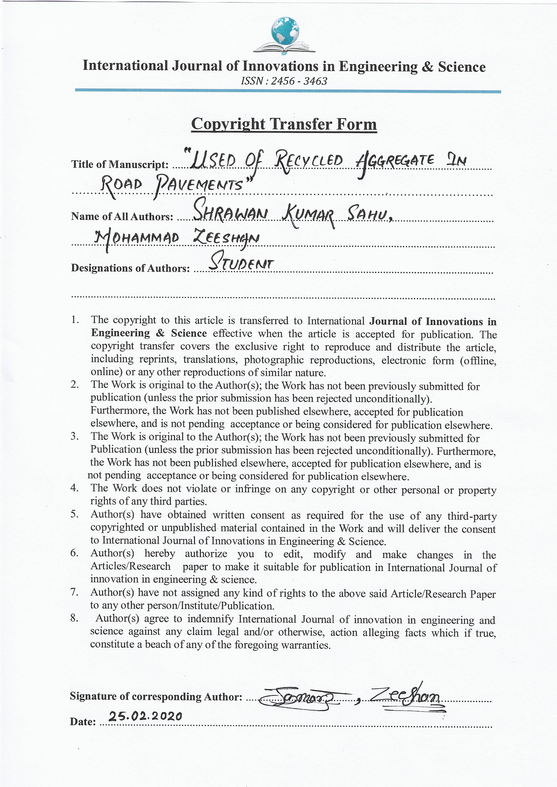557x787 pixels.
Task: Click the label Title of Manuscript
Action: pos(120,165)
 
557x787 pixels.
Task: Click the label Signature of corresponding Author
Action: pos(156,696)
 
